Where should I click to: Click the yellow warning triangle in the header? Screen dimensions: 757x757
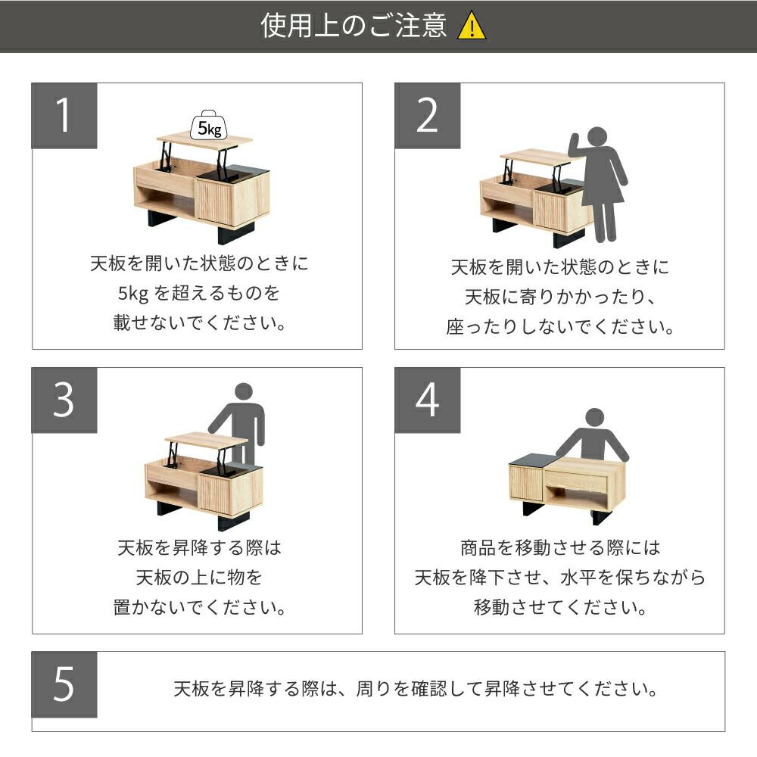pyautogui.click(x=472, y=26)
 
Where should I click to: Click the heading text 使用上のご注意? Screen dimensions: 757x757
pyautogui.click(x=354, y=26)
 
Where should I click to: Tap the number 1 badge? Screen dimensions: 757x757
pyautogui.click(x=64, y=116)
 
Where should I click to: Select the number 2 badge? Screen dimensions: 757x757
pyautogui.click(x=427, y=116)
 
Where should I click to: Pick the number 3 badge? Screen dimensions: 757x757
pyautogui.click(x=64, y=400)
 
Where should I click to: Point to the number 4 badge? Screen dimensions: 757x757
pyautogui.click(x=427, y=400)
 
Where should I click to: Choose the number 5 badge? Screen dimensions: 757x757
pyautogui.click(x=64, y=684)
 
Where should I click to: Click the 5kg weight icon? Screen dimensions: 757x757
pyautogui.click(x=209, y=126)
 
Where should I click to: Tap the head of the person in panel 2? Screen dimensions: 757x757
pyautogui.click(x=597, y=136)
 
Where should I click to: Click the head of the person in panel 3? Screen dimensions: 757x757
pyautogui.click(x=244, y=391)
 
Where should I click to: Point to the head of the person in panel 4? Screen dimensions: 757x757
pyautogui.click(x=594, y=417)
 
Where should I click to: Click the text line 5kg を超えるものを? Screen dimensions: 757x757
pyautogui.click(x=199, y=293)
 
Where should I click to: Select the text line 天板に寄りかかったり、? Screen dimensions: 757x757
pyautogui.click(x=560, y=297)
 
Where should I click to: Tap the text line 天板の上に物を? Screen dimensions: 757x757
pyautogui.click(x=199, y=578)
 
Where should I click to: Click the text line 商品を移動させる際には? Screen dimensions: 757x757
pyautogui.click(x=560, y=548)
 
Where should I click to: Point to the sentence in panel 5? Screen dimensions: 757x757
pyautogui.click(x=415, y=689)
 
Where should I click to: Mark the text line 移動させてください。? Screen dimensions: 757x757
pyautogui.click(x=560, y=607)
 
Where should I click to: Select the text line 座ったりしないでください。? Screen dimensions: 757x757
pyautogui.click(x=560, y=327)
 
